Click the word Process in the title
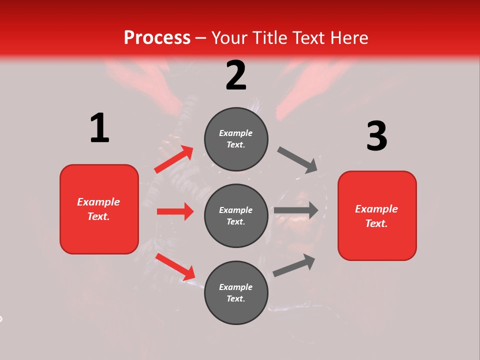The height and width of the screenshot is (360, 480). click(x=157, y=38)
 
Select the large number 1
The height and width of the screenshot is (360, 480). click(x=99, y=128)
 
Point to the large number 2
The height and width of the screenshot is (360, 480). click(x=236, y=75)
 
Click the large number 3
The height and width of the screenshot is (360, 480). click(x=376, y=136)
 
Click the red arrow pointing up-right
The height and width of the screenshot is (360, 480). click(x=174, y=159)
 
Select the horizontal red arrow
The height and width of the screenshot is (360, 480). click(x=175, y=211)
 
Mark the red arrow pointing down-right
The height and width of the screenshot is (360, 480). click(x=175, y=266)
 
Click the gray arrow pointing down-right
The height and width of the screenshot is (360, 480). click(x=297, y=160)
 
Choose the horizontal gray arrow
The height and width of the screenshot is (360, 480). click(x=296, y=210)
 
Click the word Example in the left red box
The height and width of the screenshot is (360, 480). click(x=98, y=202)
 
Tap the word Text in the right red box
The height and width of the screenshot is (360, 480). click(x=376, y=223)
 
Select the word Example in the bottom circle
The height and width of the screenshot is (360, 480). click(x=236, y=287)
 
